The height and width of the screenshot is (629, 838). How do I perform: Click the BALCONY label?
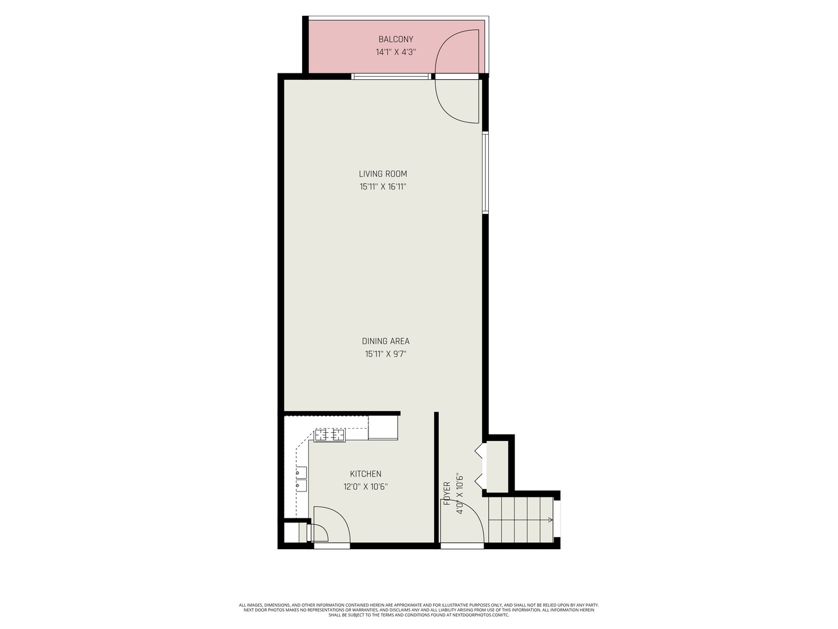click(x=396, y=40)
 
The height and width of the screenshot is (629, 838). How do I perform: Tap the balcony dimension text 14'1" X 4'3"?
click(x=396, y=52)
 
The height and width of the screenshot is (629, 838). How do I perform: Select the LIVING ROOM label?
click(x=383, y=174)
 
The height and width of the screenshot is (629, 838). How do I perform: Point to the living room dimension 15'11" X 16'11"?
click(x=383, y=187)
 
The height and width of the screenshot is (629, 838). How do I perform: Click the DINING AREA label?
click(x=386, y=341)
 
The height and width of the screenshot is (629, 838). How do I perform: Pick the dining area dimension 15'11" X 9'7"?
click(x=386, y=354)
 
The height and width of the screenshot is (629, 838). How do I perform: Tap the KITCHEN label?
click(x=365, y=474)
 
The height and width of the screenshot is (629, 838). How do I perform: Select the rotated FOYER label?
click(x=447, y=493)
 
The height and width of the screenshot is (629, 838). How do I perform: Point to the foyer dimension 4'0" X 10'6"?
click(x=460, y=493)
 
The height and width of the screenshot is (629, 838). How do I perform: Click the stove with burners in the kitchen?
click(x=330, y=435)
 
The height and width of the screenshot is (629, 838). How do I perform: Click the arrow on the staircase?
click(x=549, y=520)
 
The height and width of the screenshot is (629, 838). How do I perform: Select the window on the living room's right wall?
click(x=485, y=173)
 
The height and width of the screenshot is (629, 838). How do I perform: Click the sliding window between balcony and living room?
click(x=392, y=76)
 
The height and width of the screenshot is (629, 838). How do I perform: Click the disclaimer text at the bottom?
click(x=419, y=610)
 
